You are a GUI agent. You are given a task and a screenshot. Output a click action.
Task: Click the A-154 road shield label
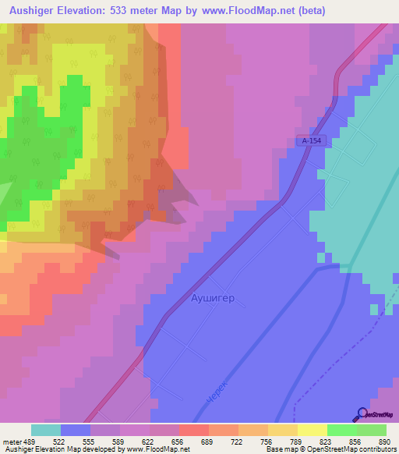coord(309,140)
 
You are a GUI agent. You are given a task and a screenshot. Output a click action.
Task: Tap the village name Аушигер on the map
coord(213,297)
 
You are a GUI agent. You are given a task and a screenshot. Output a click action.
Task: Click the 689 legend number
coord(208,441)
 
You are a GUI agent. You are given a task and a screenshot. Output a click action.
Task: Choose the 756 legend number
coord(267,441)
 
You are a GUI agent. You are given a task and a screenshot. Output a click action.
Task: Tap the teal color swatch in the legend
coord(45,430)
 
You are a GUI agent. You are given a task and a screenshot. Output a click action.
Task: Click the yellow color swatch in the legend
coord(312,430)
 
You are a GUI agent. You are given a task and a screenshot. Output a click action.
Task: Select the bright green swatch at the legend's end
coord(371,430)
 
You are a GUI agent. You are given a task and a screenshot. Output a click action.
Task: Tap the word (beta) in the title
coord(310,11)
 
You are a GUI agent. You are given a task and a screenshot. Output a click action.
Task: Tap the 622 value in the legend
coord(150,441)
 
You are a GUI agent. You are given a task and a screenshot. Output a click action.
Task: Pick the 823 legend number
coord(326,441)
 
